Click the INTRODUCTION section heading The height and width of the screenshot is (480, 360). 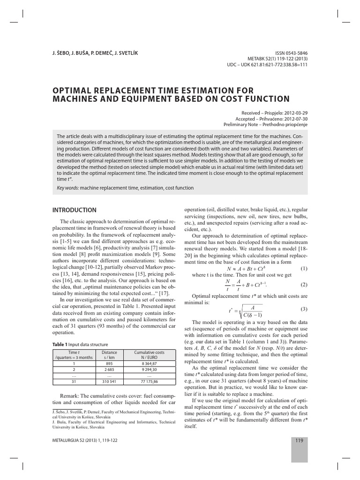coord(74,210)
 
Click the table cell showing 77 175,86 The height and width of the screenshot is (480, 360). coord(149,382)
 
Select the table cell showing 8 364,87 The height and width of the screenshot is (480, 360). coord(149,363)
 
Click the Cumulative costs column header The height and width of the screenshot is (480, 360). coord(149,352)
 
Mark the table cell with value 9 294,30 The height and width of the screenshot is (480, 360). coord(149,369)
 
